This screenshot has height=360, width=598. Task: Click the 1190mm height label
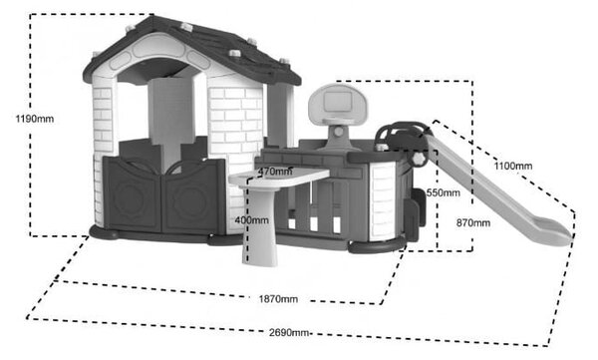[x=35, y=119]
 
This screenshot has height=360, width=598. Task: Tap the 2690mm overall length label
[x=289, y=332]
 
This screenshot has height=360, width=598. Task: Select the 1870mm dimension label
[x=278, y=299]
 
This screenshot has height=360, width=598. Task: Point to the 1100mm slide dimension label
[x=513, y=167]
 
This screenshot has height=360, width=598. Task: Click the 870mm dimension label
[x=473, y=223]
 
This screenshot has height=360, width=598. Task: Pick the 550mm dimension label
[x=444, y=192]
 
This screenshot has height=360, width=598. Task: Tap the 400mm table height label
[x=252, y=220]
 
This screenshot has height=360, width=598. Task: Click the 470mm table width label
[x=275, y=172]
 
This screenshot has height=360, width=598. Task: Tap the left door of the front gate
[x=133, y=194]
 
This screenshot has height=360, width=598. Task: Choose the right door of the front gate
[x=193, y=197]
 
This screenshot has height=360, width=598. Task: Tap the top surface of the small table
[x=279, y=178]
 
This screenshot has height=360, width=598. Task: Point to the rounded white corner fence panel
[x=385, y=201]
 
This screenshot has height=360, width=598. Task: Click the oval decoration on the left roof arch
[x=121, y=61]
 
